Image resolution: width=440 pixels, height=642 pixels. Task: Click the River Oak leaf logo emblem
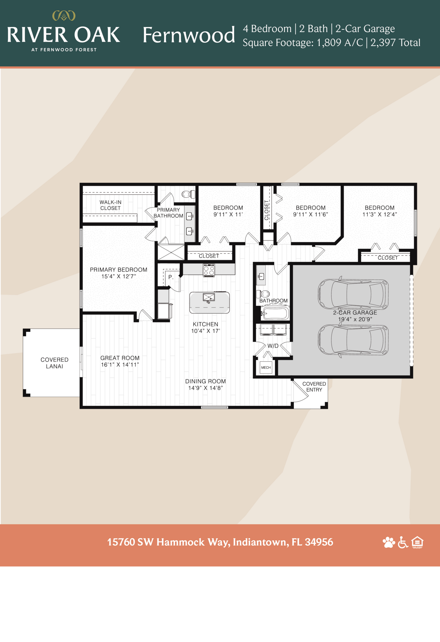64,15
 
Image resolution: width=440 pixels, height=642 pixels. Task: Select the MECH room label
266,368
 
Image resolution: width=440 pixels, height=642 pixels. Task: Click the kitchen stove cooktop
209,270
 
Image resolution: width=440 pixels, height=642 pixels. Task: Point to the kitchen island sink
209,298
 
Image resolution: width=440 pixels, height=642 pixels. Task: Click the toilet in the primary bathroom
188,194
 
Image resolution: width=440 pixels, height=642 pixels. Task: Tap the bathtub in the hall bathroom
275,313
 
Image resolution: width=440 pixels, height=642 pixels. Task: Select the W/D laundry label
273,346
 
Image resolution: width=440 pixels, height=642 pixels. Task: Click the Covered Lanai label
54,363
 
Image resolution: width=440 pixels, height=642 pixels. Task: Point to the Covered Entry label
314,387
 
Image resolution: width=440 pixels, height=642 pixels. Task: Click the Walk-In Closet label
110,205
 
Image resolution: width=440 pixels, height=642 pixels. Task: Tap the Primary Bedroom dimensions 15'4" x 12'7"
119,276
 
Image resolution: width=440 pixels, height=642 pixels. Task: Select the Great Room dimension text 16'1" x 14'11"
120,365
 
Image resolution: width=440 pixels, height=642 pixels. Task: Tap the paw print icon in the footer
389,542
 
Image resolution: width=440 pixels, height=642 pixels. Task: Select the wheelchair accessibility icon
403,542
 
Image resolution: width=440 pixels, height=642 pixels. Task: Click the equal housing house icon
417,542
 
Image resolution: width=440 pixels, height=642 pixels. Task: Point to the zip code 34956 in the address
319,542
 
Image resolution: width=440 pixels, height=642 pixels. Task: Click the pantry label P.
171,277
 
